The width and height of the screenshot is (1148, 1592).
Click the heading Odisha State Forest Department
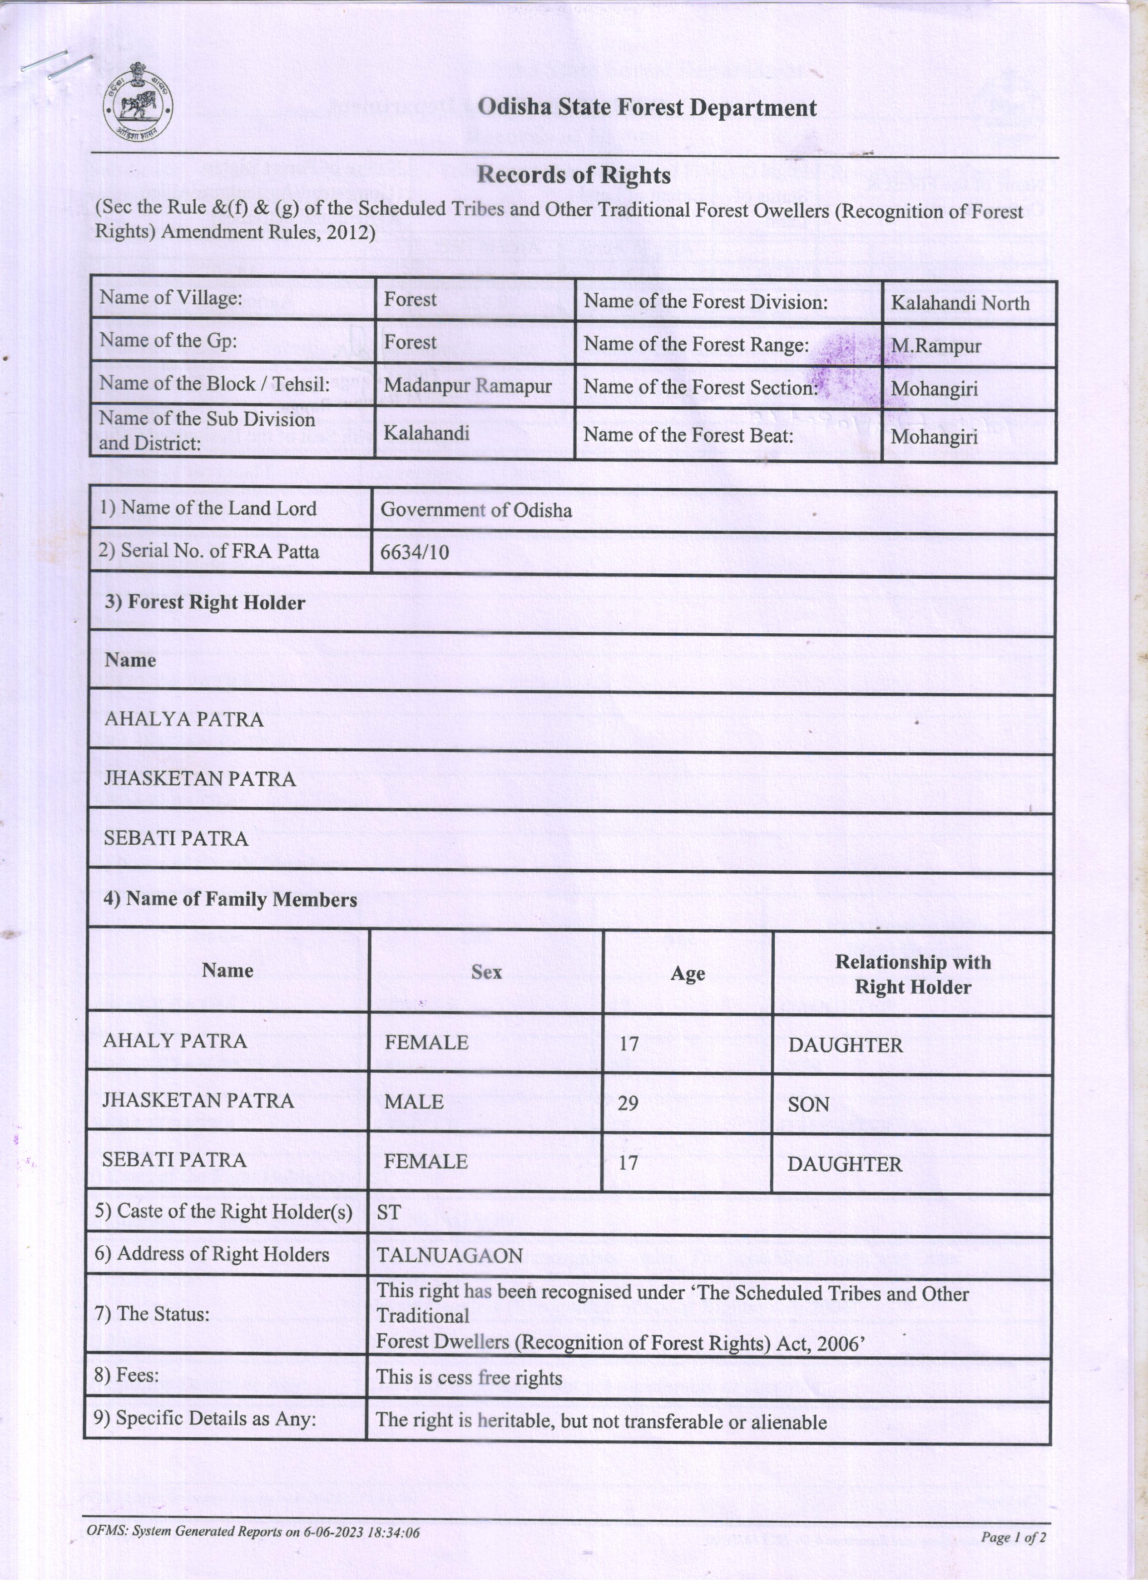(647, 108)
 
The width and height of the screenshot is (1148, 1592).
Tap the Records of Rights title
(574, 175)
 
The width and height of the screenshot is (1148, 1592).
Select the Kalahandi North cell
(960, 303)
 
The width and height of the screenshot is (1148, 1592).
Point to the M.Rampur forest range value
(936, 346)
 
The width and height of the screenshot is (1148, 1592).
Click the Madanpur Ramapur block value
(468, 386)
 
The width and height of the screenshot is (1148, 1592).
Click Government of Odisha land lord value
(476, 510)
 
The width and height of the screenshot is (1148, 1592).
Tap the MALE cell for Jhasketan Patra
(414, 1101)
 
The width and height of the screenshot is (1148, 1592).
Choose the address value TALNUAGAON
(450, 1255)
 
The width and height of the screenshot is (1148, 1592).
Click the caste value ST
(388, 1212)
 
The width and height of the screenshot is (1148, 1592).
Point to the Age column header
(688, 974)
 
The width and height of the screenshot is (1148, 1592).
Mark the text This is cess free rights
(469, 1378)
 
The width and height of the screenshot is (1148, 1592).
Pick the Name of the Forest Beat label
(688, 435)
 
